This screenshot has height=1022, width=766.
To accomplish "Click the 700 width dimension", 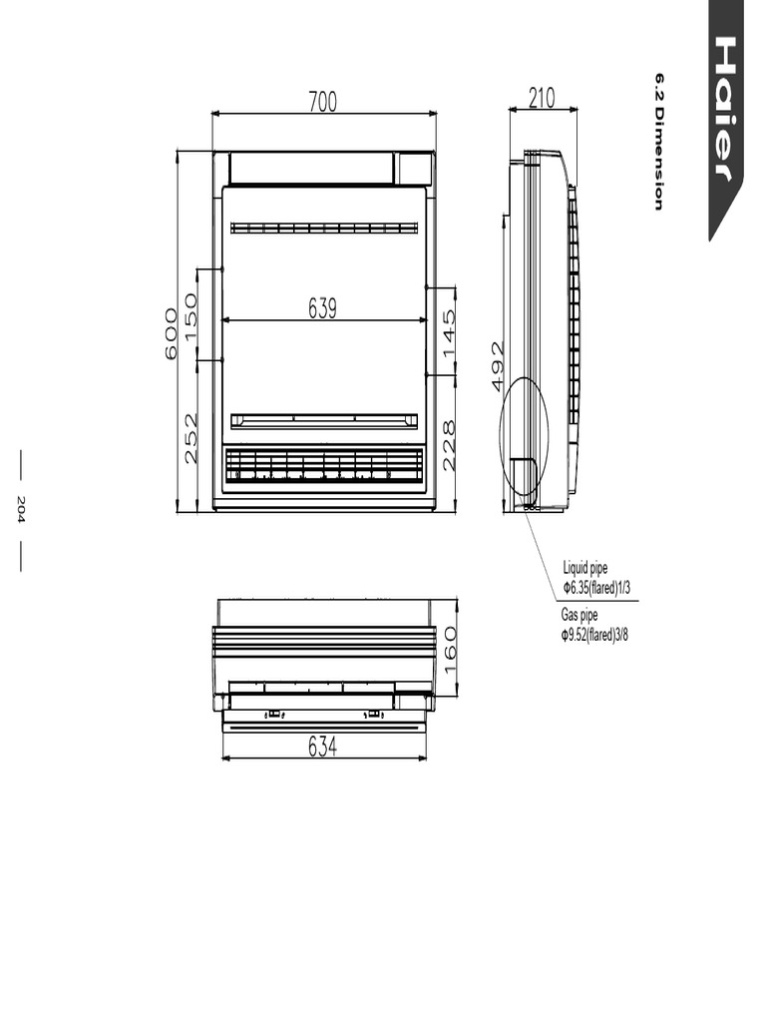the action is (322, 102).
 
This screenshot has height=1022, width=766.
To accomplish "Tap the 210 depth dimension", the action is (542, 98).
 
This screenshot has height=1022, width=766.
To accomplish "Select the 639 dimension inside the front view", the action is (322, 308).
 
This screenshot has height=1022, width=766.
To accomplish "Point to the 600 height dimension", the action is (171, 333).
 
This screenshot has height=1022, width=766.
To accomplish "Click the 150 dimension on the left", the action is (191, 316).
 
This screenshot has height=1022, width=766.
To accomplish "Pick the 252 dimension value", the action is (191, 438).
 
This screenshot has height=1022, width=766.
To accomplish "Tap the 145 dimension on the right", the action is (449, 333).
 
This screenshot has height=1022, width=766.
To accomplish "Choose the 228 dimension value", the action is (449, 446).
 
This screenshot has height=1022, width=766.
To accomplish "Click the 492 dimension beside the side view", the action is (497, 366).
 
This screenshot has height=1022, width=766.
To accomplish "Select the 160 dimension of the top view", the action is (449, 652).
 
